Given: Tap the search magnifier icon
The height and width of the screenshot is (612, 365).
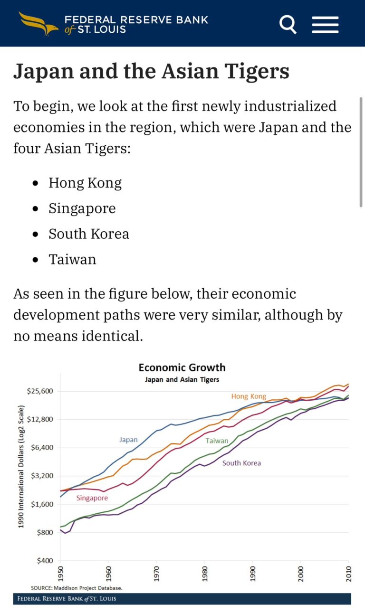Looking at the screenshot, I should click(x=288, y=24).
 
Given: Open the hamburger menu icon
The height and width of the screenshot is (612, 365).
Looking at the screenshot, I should click(x=325, y=24).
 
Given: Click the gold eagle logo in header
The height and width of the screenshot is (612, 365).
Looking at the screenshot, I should click(x=38, y=23).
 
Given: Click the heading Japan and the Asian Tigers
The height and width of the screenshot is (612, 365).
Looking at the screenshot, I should click(x=151, y=71).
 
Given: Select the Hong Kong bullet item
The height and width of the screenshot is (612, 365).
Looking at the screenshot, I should click(x=85, y=183).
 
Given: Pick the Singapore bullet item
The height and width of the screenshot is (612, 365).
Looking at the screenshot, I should click(x=82, y=208).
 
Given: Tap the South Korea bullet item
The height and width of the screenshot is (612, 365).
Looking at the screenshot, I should click(x=89, y=234).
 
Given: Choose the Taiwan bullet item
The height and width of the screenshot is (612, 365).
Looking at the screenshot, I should click(x=72, y=260).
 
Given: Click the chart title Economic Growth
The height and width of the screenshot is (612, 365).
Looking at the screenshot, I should click(x=182, y=367).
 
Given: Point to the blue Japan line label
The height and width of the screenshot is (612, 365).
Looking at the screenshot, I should click(x=128, y=440).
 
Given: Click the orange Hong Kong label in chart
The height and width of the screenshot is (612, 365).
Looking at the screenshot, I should click(x=249, y=396).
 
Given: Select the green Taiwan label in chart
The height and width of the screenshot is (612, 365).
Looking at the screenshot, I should click(x=217, y=441).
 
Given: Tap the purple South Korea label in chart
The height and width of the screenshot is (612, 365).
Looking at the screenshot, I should click(x=241, y=463).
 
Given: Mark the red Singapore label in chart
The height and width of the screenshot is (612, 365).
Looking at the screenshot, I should click(x=92, y=498).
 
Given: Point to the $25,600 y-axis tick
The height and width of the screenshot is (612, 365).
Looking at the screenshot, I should click(x=40, y=391).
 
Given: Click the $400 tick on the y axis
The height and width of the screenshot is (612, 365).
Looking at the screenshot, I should click(x=45, y=561).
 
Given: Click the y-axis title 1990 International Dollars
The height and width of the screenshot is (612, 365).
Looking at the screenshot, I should click(x=21, y=467).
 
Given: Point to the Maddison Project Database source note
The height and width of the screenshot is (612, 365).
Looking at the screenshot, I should click(x=77, y=588).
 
